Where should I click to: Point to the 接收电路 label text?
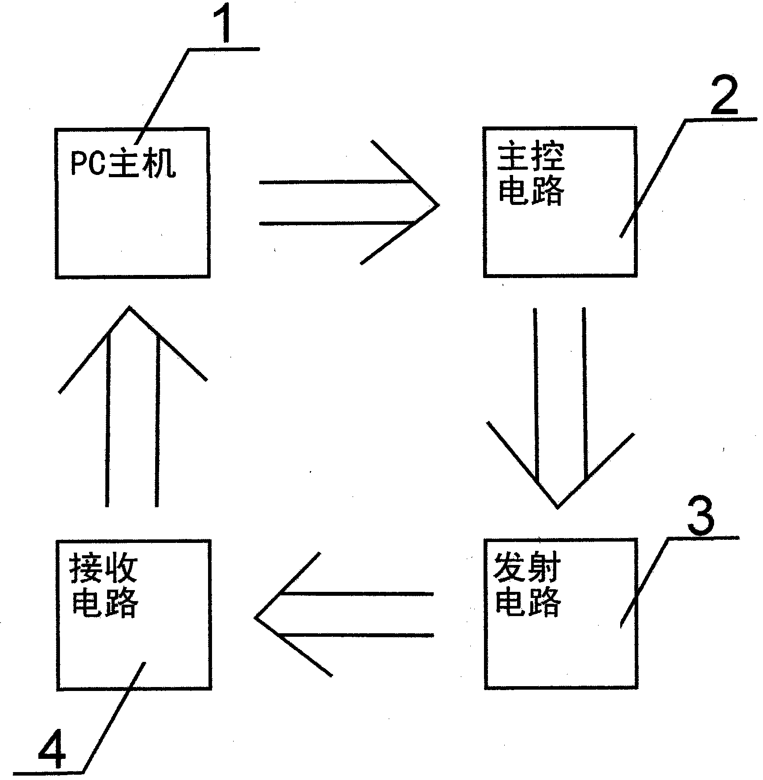point(104,587)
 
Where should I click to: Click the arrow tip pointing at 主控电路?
point(437,205)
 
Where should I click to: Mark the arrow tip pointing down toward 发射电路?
point(558,507)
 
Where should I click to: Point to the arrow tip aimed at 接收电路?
point(257,617)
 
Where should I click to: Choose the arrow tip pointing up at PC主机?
point(130,308)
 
